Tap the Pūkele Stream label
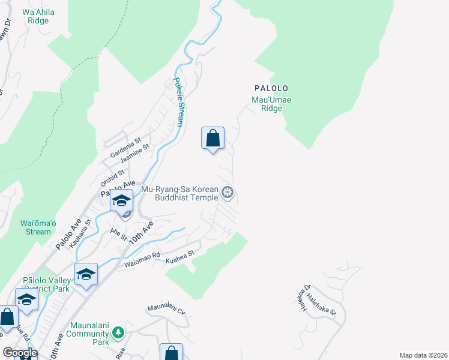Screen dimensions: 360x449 [178, 102]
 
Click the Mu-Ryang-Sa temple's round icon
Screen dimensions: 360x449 [228, 193]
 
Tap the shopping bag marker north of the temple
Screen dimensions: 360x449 [212, 139]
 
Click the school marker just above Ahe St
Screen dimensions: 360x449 [121, 201]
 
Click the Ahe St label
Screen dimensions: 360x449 [118, 233]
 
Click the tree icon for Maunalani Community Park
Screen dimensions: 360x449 [118, 331]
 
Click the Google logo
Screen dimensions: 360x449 [19, 353]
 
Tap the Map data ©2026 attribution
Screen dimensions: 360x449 [423, 355]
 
